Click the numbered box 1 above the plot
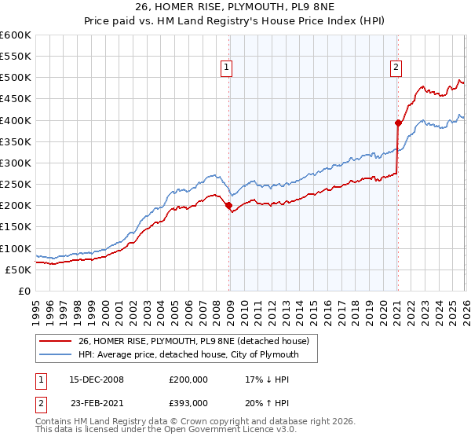(226, 68)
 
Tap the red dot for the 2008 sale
(229, 206)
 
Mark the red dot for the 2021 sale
(398, 123)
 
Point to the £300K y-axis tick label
(16, 163)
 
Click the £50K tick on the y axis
(18, 269)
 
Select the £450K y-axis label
(16, 99)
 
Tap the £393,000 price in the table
(189, 402)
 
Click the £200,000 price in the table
(189, 379)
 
